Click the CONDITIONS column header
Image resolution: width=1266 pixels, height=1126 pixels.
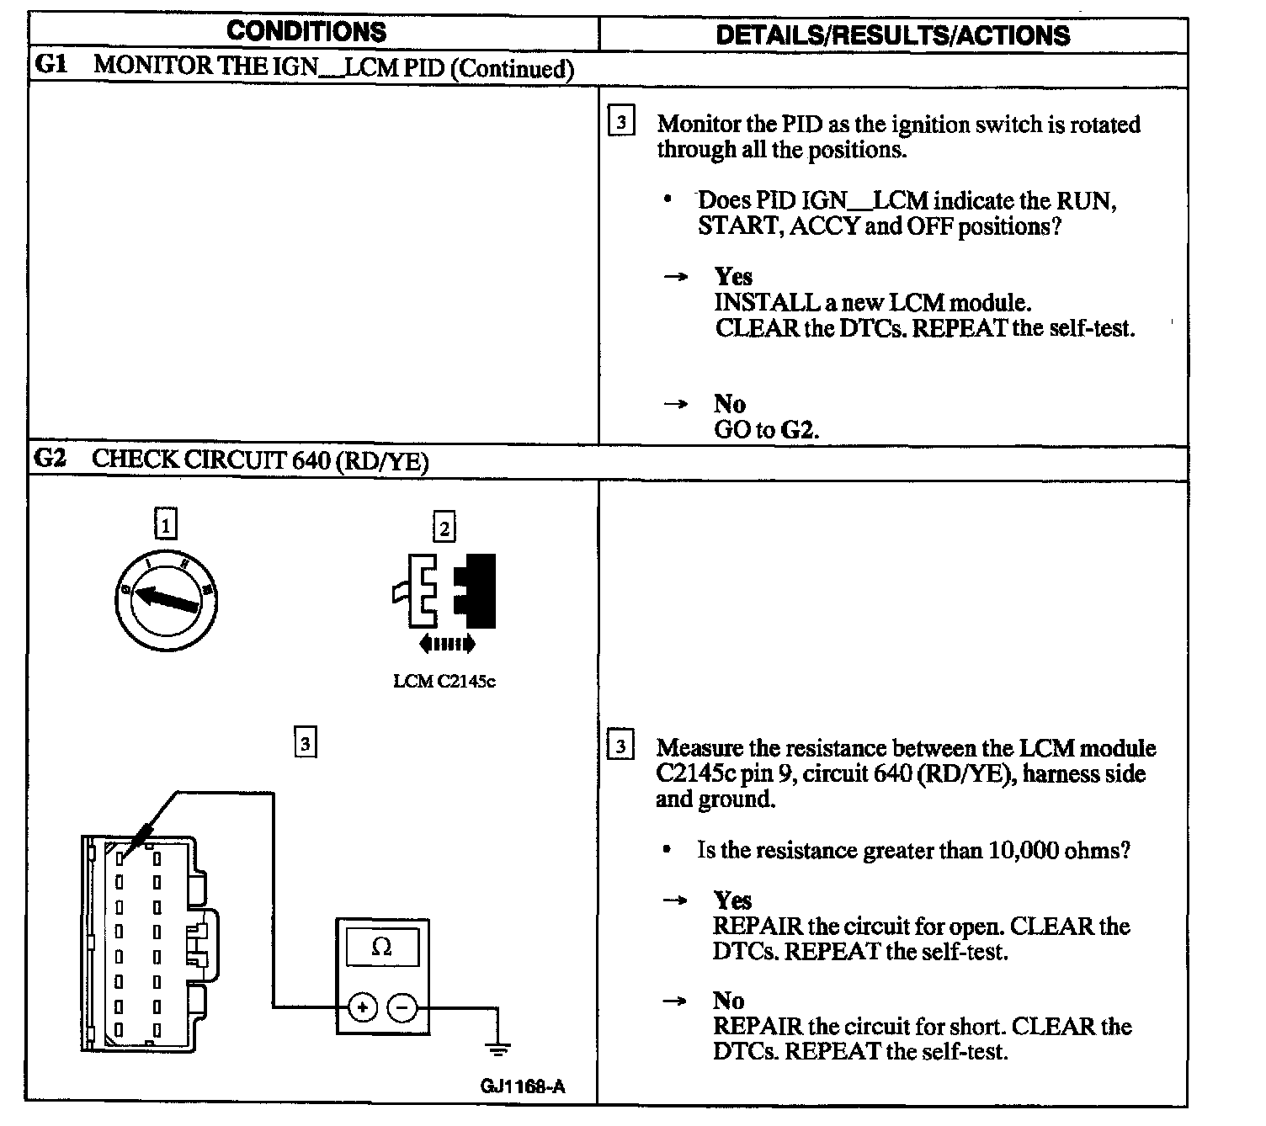[306, 32]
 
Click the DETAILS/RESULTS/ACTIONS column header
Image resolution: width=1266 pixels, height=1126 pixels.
[892, 35]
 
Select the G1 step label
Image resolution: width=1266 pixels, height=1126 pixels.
[51, 66]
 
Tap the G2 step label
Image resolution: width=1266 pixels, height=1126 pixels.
[50, 459]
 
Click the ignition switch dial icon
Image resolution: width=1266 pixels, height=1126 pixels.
[167, 599]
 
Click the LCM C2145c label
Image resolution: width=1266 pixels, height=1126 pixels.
[444, 682]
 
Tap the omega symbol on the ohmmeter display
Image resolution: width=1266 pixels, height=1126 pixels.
[381, 948]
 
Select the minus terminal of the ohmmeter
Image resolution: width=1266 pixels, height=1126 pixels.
[402, 1006]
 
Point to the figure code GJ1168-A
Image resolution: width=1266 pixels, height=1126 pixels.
[523, 1086]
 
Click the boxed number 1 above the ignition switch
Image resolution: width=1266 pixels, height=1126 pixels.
[167, 526]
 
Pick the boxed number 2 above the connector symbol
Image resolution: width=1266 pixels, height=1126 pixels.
[444, 528]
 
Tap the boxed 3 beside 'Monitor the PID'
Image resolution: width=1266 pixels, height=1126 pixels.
[620, 123]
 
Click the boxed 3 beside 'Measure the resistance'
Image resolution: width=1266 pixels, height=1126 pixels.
[620, 746]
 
